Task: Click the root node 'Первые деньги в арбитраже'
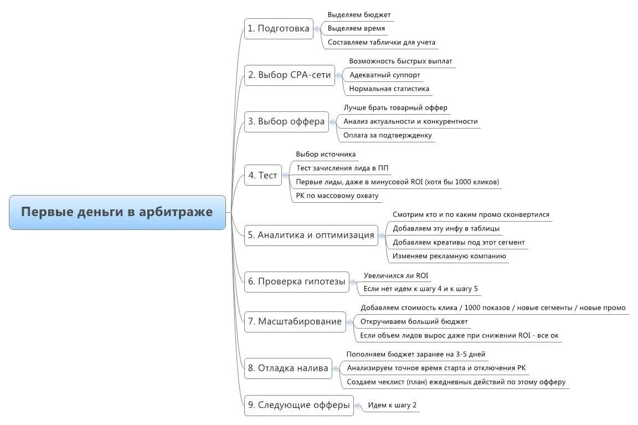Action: tap(117, 212)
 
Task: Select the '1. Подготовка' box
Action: tap(278, 29)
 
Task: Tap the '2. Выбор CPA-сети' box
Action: tap(290, 75)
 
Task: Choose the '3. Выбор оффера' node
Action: tap(286, 121)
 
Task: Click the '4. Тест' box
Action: tap(263, 175)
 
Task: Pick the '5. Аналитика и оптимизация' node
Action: tap(311, 235)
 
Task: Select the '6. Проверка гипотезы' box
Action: tap(296, 281)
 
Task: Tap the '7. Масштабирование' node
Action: tap(295, 321)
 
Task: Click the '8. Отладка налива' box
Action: tap(288, 368)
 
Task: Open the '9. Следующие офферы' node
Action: tap(299, 405)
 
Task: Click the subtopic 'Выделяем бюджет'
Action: tap(359, 15)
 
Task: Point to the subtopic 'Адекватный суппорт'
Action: tap(385, 75)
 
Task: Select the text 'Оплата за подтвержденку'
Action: tap(387, 135)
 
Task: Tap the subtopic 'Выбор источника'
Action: tap(326, 155)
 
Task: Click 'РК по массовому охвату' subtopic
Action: tap(337, 196)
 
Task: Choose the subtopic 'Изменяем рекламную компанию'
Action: tap(449, 256)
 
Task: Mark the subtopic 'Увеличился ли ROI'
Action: tap(395, 275)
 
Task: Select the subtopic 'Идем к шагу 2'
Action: tap(392, 405)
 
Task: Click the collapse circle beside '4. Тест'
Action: tap(286, 175)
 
